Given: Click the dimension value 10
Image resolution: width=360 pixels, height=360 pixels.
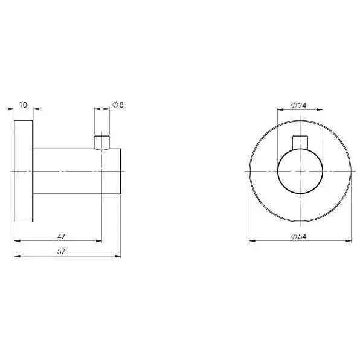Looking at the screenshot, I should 23,104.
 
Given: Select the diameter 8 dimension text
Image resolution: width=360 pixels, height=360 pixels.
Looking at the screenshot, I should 118,104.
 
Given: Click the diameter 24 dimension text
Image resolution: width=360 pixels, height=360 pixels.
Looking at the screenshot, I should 299,104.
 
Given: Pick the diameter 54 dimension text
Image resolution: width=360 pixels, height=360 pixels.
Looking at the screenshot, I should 299,236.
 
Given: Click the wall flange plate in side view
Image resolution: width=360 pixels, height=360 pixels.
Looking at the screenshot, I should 23,171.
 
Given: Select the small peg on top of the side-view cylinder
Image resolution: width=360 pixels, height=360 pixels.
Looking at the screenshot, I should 102,142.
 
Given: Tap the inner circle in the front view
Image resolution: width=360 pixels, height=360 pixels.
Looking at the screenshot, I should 300,172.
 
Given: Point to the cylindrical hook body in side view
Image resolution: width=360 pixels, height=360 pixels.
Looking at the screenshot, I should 72,171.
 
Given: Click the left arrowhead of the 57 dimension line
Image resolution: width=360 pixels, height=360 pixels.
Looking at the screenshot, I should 16,256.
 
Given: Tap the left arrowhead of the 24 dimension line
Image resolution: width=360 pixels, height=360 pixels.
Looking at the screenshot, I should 280,109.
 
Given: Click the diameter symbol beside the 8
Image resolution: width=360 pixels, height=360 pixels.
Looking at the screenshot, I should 114,104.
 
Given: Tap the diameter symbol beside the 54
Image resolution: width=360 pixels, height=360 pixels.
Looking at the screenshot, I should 293,236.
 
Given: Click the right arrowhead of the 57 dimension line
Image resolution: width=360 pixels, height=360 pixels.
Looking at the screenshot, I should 120,256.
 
